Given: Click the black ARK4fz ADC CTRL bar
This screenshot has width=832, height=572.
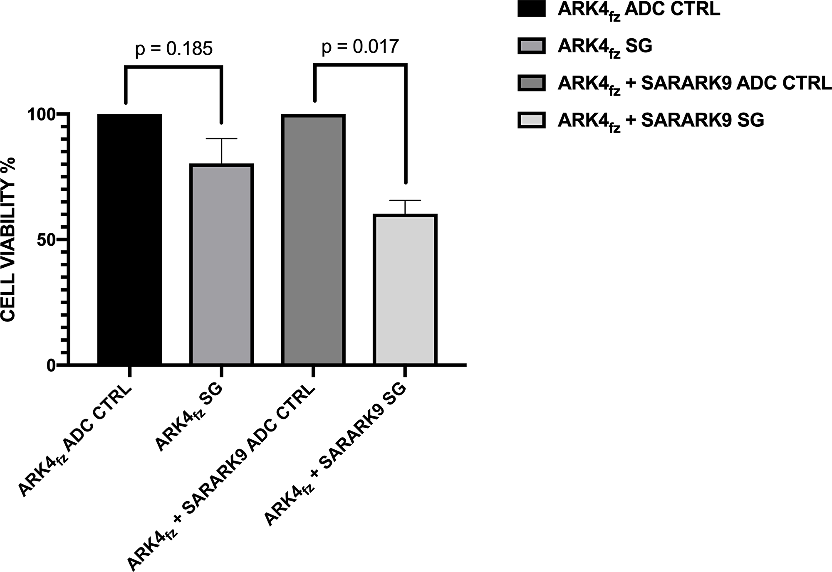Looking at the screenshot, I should point(129,239).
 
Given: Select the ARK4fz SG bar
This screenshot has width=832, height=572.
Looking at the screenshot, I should point(221,264).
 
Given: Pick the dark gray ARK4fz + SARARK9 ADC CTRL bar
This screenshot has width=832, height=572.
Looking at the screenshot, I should point(313,239).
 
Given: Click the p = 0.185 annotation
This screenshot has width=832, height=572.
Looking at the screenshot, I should point(174,49).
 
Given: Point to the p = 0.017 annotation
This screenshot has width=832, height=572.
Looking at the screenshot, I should point(360,47).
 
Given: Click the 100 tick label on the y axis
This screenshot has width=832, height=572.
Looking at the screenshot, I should point(41,115).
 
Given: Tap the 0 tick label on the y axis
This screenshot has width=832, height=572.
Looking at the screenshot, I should point(51,366).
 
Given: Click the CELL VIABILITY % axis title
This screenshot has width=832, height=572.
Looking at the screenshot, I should point(8,239).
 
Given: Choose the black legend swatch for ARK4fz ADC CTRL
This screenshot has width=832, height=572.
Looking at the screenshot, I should point(531,9).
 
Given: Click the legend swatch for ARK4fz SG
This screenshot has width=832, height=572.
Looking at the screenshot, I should point(531,46).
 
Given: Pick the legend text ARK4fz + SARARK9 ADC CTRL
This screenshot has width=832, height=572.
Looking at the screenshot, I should point(694,84).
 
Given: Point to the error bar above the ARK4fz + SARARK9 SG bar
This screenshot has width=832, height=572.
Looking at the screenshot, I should point(405,207).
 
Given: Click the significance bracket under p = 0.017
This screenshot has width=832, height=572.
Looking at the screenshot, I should point(360,65).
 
